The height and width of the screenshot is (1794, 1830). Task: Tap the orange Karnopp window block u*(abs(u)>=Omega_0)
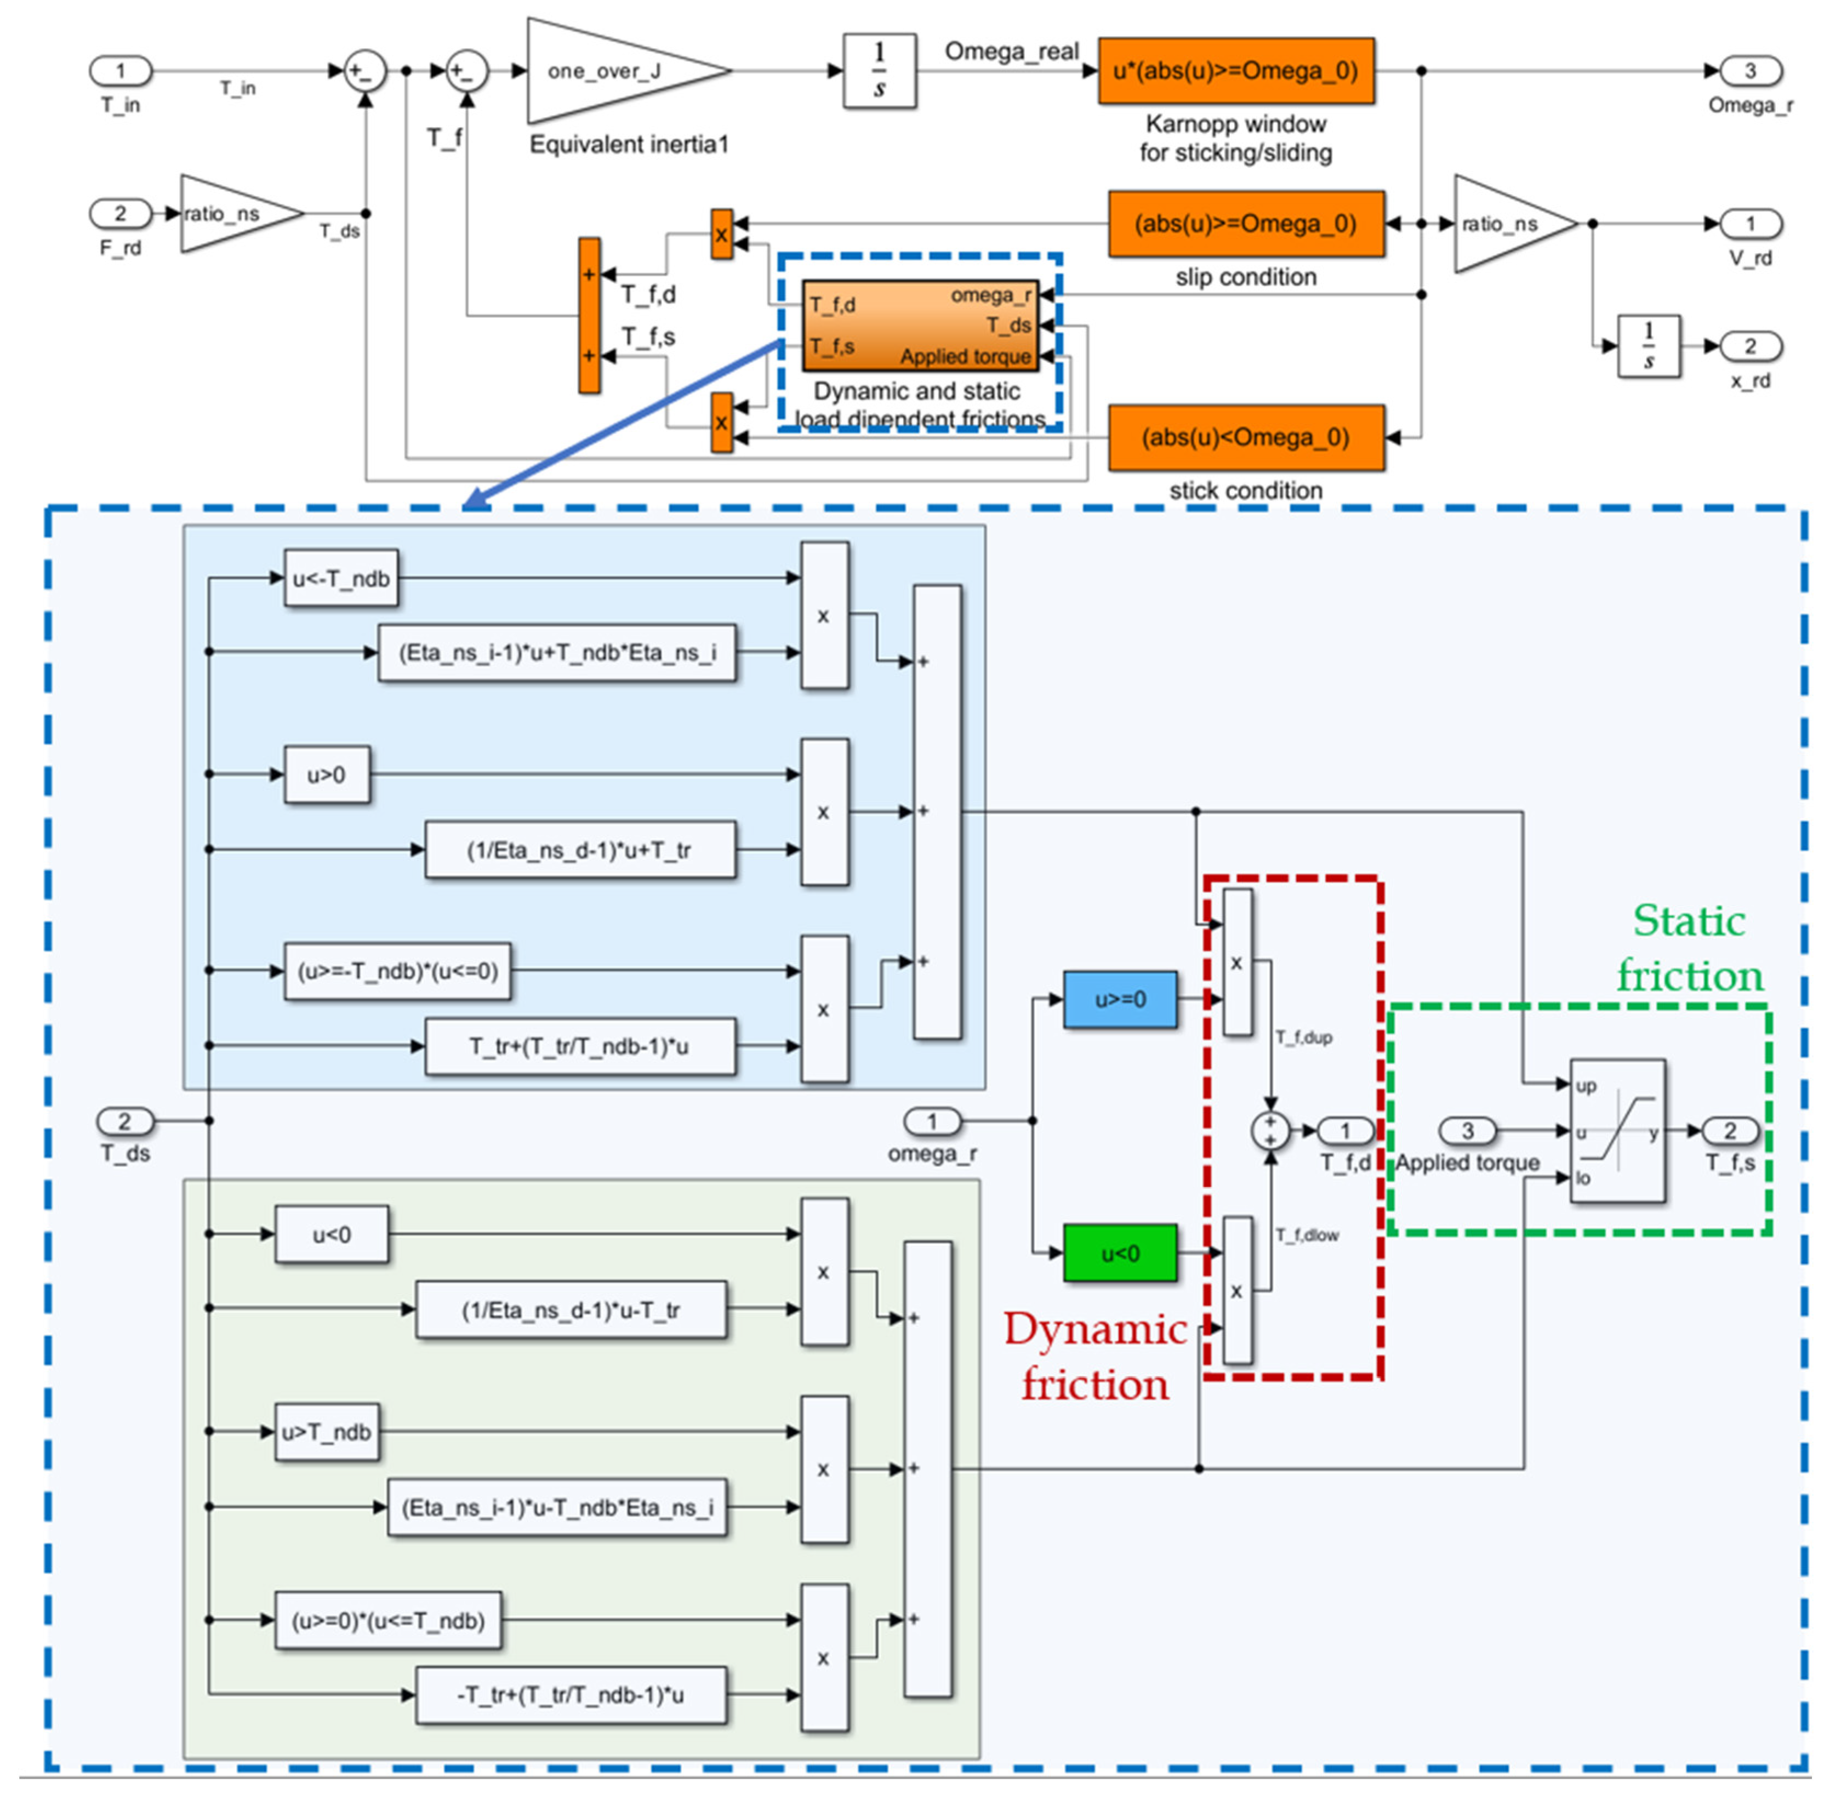pos(1235,71)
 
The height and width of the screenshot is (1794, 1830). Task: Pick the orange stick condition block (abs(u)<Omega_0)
pos(1245,438)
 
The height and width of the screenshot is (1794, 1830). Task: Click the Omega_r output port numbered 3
pos(1750,71)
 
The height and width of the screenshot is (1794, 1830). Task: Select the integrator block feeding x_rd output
pos(1648,346)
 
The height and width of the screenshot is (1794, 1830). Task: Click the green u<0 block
pos(1120,1253)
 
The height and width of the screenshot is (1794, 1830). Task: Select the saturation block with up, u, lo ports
pos(1617,1131)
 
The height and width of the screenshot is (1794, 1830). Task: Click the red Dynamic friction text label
pos(1095,1357)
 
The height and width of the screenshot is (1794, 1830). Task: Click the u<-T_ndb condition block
pos(341,578)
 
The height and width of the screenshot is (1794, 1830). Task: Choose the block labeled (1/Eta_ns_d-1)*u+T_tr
pos(579,850)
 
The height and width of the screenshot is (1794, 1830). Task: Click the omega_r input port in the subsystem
pos(932,1121)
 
